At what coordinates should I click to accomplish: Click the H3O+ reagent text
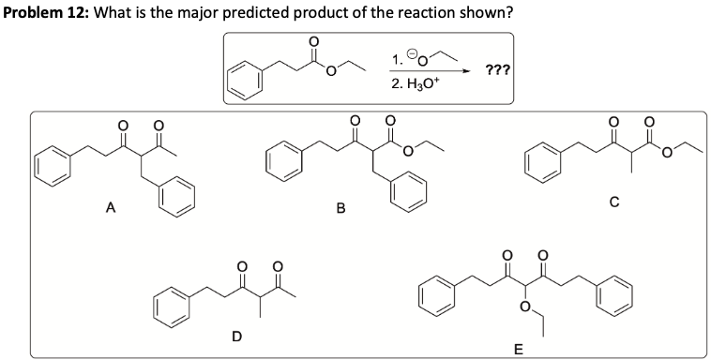pos(409,85)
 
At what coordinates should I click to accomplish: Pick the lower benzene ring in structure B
pos(408,196)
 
